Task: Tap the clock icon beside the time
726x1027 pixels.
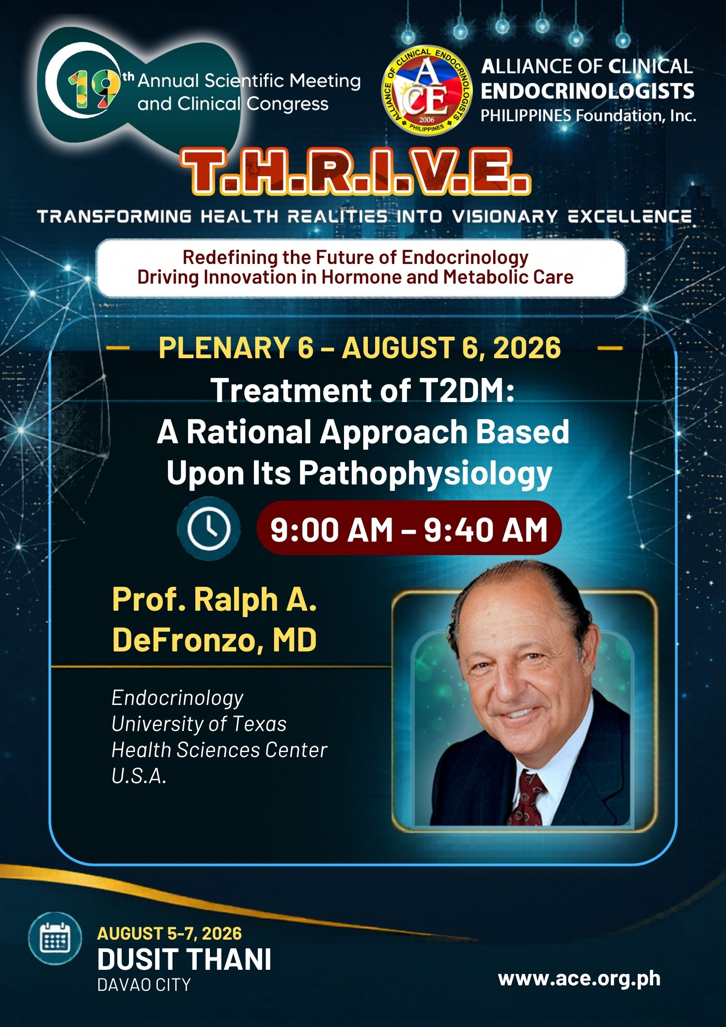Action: click(x=209, y=529)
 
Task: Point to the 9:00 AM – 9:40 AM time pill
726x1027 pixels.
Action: click(x=409, y=529)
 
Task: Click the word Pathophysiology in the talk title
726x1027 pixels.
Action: click(x=425, y=474)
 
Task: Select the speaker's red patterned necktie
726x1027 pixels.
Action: click(x=530, y=796)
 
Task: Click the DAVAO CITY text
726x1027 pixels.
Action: click(x=144, y=985)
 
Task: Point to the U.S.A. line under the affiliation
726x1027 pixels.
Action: click(x=139, y=776)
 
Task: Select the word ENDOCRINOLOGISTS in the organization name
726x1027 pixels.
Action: click(x=588, y=91)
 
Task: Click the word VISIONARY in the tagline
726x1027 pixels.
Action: click(x=505, y=216)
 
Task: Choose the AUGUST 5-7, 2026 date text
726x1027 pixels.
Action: click(x=170, y=934)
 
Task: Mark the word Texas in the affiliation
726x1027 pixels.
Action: click(x=260, y=724)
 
